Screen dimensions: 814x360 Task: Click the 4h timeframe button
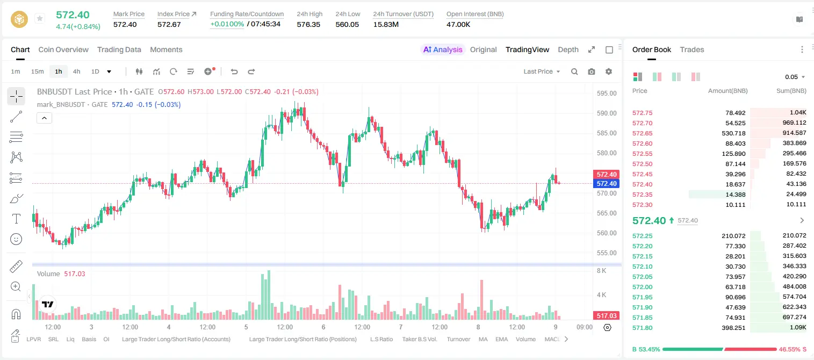76,71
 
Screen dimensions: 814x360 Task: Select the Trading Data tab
119,49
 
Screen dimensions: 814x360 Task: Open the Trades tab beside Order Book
692,49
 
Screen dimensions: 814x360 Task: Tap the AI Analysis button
443,49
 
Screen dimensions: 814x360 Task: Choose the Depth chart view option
568,49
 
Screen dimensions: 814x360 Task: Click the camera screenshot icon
592,71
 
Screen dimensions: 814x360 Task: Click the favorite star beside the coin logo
40,18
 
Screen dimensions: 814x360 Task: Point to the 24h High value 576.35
308,24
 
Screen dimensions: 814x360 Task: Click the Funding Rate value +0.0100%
227,24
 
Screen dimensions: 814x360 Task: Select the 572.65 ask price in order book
642,133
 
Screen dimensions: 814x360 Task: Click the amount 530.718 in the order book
733,133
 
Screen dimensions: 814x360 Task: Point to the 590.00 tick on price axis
607,113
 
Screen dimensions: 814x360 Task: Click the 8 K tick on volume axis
601,271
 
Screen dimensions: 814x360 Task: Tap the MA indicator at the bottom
483,339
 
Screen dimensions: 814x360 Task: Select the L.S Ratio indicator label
381,339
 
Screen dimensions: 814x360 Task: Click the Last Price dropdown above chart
542,71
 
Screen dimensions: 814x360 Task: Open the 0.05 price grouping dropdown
795,77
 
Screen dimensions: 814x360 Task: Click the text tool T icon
16,219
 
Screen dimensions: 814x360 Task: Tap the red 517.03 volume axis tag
606,316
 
